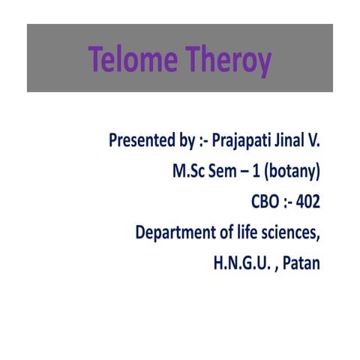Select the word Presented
(141, 140)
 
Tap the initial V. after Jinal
(317, 140)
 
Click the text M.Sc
(189, 171)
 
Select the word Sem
(226, 171)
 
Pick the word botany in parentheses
(295, 171)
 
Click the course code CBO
(266, 202)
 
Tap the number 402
(307, 202)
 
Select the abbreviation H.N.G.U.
(238, 264)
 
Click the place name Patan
(299, 264)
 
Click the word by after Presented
(186, 140)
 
